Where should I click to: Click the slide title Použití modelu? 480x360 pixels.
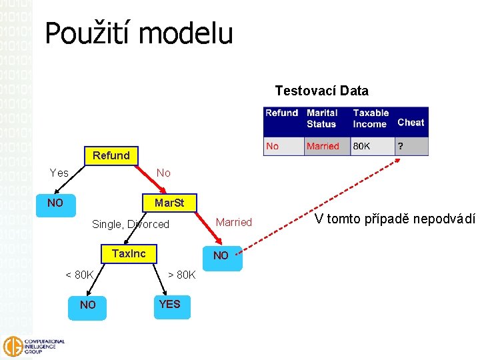point(139,33)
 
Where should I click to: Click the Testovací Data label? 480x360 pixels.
point(321,91)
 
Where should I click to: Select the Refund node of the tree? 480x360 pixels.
point(111,155)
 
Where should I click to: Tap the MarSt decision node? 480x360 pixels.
point(169,202)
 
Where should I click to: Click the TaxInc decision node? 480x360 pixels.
point(129,253)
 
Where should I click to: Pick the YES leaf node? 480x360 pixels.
point(169,304)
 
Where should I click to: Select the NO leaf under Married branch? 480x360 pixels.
point(221,255)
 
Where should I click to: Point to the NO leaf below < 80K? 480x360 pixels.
point(87,305)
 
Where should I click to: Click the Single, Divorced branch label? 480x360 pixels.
point(131,224)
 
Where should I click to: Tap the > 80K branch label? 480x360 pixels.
point(181,275)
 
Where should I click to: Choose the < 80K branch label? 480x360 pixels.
point(79,275)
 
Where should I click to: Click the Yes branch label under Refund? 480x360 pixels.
point(59,173)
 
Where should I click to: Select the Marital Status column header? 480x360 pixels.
point(322,119)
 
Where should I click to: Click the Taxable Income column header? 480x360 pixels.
point(370,119)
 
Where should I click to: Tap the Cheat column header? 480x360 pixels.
point(411,122)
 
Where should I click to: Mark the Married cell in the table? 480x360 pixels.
point(323,146)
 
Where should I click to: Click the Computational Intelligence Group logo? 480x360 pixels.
point(35,346)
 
